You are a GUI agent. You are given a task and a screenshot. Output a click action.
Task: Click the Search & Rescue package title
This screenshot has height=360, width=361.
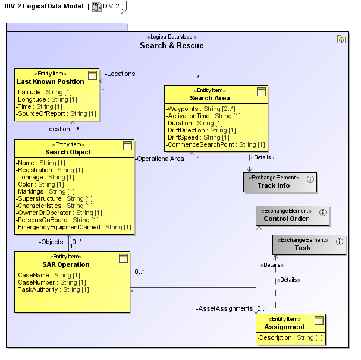click(171, 46)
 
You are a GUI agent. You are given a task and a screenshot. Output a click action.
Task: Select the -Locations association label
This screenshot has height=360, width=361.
click(120, 74)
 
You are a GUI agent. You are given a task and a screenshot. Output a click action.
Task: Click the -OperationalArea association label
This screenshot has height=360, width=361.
click(159, 159)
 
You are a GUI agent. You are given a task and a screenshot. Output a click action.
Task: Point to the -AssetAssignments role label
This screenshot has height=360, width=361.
click(226, 309)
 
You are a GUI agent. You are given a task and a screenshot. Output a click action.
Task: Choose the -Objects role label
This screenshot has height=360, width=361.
click(51, 242)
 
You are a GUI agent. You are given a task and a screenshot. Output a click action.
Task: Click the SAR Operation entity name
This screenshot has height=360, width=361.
click(66, 264)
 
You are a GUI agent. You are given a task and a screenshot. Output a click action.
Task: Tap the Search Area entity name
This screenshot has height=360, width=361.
click(209, 98)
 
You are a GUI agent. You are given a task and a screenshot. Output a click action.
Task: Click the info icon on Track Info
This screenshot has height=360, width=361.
click(310, 179)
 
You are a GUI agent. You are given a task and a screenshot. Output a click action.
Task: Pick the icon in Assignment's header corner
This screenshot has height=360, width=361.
click(319, 321)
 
